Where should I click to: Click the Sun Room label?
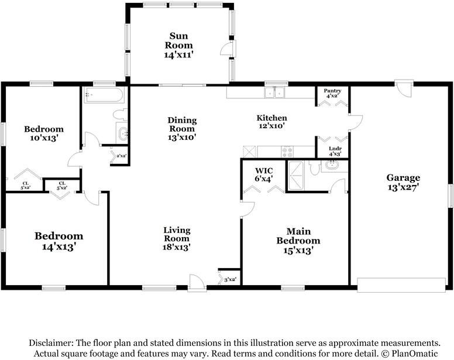178,46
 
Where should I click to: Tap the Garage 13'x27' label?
403,183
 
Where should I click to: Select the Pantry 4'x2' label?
332,93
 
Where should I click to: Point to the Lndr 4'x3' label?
335,151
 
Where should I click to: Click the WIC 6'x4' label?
264,175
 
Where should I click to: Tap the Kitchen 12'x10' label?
271,122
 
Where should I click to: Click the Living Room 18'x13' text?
177,239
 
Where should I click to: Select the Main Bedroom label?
298,241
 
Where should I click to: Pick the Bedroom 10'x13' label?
44,133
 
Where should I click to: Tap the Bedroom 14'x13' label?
59,241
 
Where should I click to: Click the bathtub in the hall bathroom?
104,94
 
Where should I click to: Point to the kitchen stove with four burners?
287,152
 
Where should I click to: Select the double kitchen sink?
274,92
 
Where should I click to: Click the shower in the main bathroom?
295,176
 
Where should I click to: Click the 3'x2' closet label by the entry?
230,280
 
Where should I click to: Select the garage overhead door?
401,285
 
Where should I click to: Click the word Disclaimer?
51,343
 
